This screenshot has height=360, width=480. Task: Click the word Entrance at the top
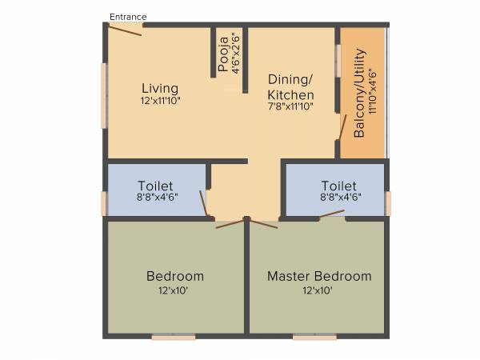coord(128,16)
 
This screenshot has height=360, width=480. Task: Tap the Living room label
coord(160,88)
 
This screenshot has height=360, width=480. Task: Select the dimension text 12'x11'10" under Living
coord(160,102)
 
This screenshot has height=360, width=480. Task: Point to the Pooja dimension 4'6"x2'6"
coord(235,53)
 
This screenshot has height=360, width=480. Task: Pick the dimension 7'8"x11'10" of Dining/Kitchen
coord(290,106)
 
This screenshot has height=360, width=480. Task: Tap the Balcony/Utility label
coord(359,94)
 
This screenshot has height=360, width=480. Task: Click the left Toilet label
coord(155,186)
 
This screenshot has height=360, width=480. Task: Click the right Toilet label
coord(336,186)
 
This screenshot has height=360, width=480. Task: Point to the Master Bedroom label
coord(319,276)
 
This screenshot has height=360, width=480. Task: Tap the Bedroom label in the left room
coord(175,276)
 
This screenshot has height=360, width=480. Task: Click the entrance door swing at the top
coord(125,29)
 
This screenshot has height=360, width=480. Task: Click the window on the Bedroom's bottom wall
coord(174,338)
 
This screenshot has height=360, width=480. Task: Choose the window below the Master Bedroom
coord(314,338)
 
